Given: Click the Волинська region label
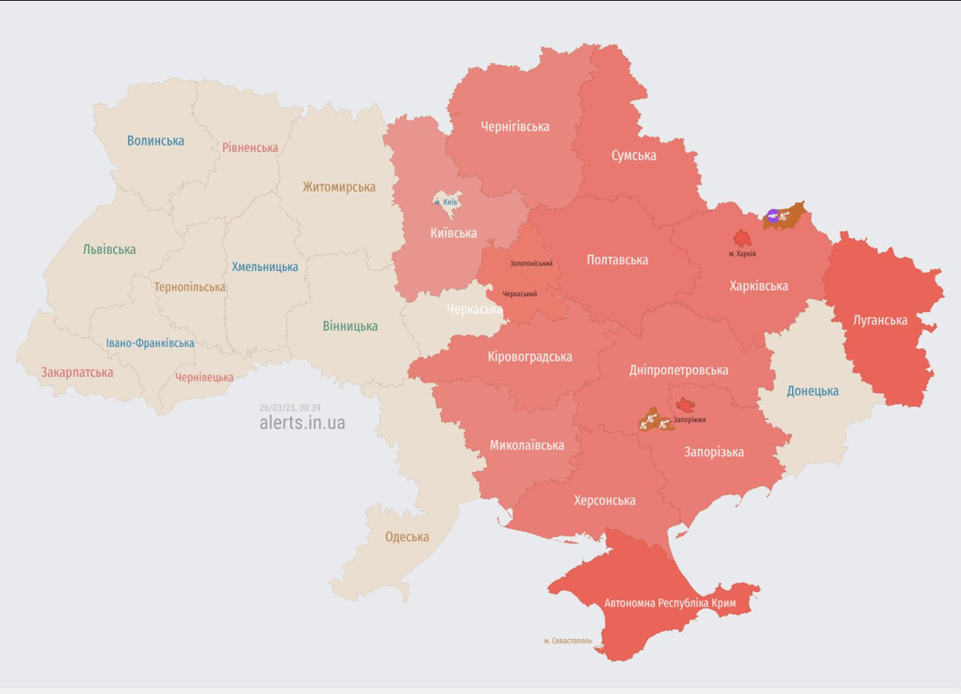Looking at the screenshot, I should tap(155, 141).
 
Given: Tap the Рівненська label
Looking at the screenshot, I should tap(250, 147).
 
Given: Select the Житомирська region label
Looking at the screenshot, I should tap(339, 187).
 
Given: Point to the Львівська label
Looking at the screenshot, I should tap(109, 249).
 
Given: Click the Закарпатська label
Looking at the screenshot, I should tap(77, 372).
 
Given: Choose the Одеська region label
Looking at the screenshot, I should tap(407, 537).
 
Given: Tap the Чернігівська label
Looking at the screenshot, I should tap(515, 127).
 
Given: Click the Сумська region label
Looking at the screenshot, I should tap(634, 155).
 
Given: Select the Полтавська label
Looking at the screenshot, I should tap(617, 260).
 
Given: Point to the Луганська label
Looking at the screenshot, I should tap(881, 320).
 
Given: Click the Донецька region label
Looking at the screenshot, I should tap(812, 391).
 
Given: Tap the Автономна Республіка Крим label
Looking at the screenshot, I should tap(670, 603).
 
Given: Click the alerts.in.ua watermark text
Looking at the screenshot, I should tap(302, 423).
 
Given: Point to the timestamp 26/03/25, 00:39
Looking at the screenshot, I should tap(289, 408).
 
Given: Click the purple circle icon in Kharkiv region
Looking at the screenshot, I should tap(772, 215).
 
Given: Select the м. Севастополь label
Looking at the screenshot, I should tap(568, 641).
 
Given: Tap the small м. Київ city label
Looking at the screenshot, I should tap(446, 202).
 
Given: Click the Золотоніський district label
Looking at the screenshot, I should tap(531, 264).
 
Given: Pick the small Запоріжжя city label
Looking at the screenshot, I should tap(690, 420).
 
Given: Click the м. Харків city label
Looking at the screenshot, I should tap(742, 254).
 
